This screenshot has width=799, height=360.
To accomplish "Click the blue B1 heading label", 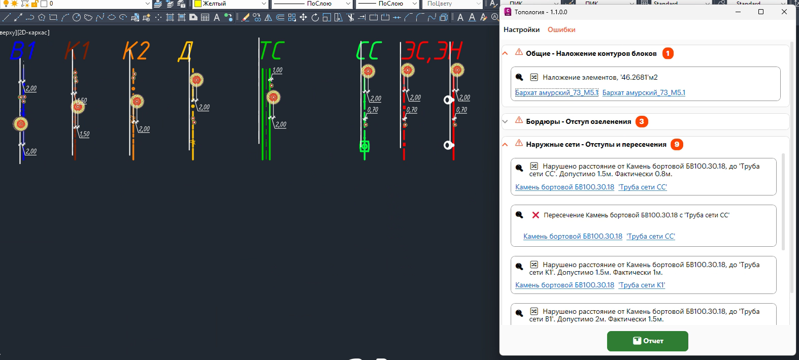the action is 22,51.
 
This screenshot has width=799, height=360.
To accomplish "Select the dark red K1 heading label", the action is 77,51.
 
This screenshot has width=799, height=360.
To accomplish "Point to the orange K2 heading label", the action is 136,51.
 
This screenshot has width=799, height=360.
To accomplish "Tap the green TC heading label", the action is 272,51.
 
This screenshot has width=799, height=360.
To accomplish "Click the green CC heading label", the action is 369,51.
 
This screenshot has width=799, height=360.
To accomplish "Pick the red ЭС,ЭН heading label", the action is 431,51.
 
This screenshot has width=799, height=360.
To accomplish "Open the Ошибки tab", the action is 561,30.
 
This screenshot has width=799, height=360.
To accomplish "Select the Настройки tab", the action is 521,30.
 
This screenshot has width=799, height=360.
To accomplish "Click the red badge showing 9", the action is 677,145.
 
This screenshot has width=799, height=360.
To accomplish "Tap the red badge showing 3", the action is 642,121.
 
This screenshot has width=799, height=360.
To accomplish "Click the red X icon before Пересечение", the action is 536,215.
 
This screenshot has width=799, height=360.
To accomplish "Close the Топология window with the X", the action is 784,12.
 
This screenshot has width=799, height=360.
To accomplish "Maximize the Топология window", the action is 761,12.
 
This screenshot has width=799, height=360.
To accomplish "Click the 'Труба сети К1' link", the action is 642,285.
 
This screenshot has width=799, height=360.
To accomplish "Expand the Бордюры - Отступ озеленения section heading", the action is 578,122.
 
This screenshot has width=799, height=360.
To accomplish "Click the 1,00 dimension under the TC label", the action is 277,71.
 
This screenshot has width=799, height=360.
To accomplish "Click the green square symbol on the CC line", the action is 364,146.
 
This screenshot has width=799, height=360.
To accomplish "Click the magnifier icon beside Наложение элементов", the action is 519,77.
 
